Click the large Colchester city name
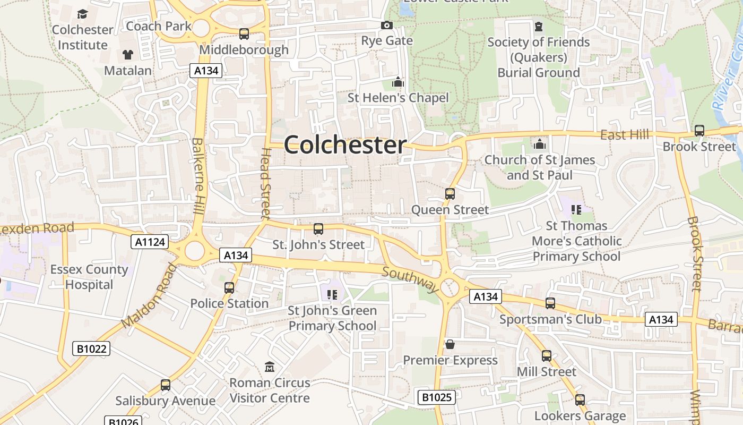(x=345, y=145)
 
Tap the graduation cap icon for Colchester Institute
(x=82, y=14)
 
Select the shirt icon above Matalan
(x=128, y=54)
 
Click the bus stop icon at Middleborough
(x=244, y=33)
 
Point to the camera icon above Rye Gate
(x=387, y=25)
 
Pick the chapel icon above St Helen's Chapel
(x=398, y=82)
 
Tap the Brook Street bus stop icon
(x=699, y=130)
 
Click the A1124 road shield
(x=150, y=242)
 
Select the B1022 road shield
(x=91, y=348)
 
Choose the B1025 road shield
(x=436, y=397)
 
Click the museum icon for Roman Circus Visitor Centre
(x=270, y=367)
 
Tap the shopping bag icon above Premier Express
(x=450, y=344)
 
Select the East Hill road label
(x=625, y=135)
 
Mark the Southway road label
(x=410, y=280)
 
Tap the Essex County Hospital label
(x=89, y=277)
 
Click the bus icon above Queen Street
(x=450, y=194)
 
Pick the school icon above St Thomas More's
(x=576, y=210)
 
